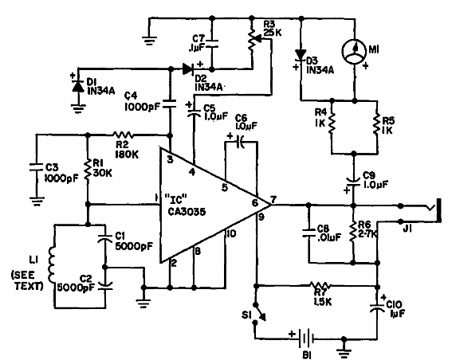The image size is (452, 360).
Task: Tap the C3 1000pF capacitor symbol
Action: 35,168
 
